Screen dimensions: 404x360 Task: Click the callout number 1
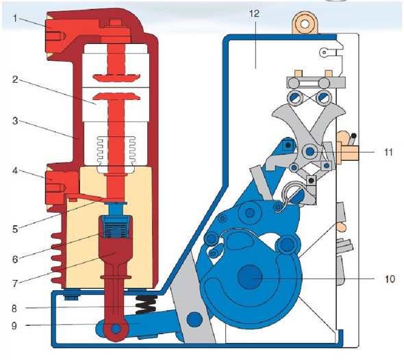(x=16, y=18)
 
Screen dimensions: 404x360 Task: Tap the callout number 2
(x=16, y=79)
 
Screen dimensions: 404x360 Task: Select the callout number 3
(x=16, y=120)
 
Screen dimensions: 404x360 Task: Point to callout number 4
(x=16, y=170)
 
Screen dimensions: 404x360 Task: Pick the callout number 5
(x=16, y=229)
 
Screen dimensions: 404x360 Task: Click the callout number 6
(x=16, y=259)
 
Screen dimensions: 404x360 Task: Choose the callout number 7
(x=16, y=283)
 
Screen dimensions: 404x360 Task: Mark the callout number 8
(x=14, y=308)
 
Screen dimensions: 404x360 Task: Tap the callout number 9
(x=14, y=326)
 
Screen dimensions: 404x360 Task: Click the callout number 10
(x=390, y=279)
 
